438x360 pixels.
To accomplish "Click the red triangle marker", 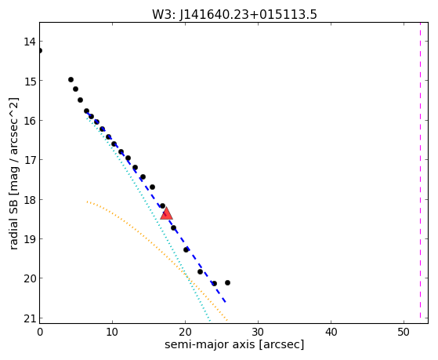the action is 166,213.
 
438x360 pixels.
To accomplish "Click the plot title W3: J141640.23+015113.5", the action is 234,15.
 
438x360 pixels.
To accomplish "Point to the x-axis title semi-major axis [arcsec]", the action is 234,344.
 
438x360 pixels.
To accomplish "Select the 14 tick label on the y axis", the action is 30,42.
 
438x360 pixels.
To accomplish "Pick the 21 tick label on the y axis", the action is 30,319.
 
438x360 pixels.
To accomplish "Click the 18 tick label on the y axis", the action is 30,200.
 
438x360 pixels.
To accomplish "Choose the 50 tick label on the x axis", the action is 404,332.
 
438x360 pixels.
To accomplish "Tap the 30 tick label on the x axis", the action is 258,332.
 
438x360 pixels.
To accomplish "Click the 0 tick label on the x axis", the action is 40,332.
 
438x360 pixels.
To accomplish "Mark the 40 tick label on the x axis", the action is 331,332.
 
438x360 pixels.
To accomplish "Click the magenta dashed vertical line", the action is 420,170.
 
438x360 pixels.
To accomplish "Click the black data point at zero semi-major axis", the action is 40,51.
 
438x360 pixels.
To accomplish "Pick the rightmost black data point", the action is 228,283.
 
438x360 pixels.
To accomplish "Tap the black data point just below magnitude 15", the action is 71,80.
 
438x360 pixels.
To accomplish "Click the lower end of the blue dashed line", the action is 226,303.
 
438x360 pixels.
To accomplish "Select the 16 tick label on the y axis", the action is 30,121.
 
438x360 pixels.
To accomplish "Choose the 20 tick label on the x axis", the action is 185,332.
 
